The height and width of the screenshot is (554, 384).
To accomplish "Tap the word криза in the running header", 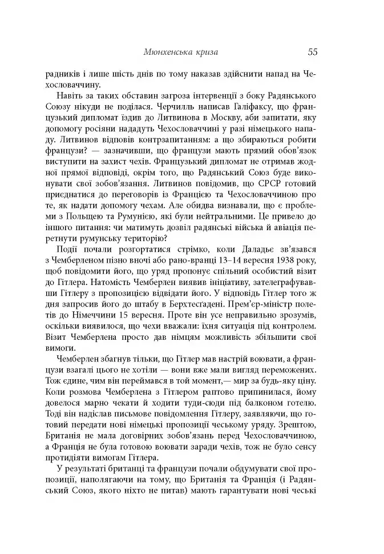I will click(x=204, y=53).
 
